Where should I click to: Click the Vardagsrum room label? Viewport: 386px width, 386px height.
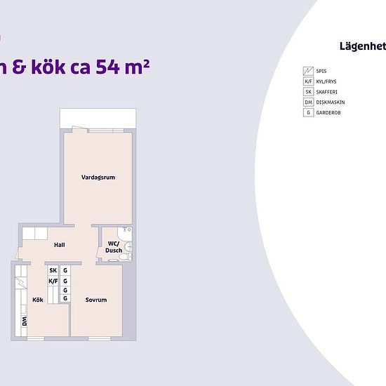point(98,178)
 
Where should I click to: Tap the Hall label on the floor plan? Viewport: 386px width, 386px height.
point(60,245)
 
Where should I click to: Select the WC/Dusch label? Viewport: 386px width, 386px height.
point(114,247)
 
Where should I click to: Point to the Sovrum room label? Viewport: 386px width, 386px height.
point(96,300)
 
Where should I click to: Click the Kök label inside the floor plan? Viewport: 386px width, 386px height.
point(38,300)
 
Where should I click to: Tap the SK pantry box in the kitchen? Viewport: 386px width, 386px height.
point(53,270)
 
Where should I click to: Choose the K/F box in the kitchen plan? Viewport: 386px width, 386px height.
point(53,281)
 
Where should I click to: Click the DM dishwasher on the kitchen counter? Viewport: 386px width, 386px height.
point(24,321)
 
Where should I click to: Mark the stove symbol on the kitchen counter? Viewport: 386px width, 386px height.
point(21,283)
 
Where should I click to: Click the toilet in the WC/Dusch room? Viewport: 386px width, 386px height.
point(126,256)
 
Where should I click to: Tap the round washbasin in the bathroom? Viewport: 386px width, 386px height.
point(128,246)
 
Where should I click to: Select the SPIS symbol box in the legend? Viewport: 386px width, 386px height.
point(308,71)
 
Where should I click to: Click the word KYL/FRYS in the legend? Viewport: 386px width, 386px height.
point(326,81)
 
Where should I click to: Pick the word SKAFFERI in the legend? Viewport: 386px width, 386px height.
point(326,92)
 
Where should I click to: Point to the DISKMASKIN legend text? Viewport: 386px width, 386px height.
point(331,102)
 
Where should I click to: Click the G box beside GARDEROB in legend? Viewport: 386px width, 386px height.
point(308,112)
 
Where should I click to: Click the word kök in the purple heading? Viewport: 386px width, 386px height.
point(48,66)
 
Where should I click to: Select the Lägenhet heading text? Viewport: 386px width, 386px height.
point(363,46)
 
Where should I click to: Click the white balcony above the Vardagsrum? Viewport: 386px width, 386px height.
point(98,118)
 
